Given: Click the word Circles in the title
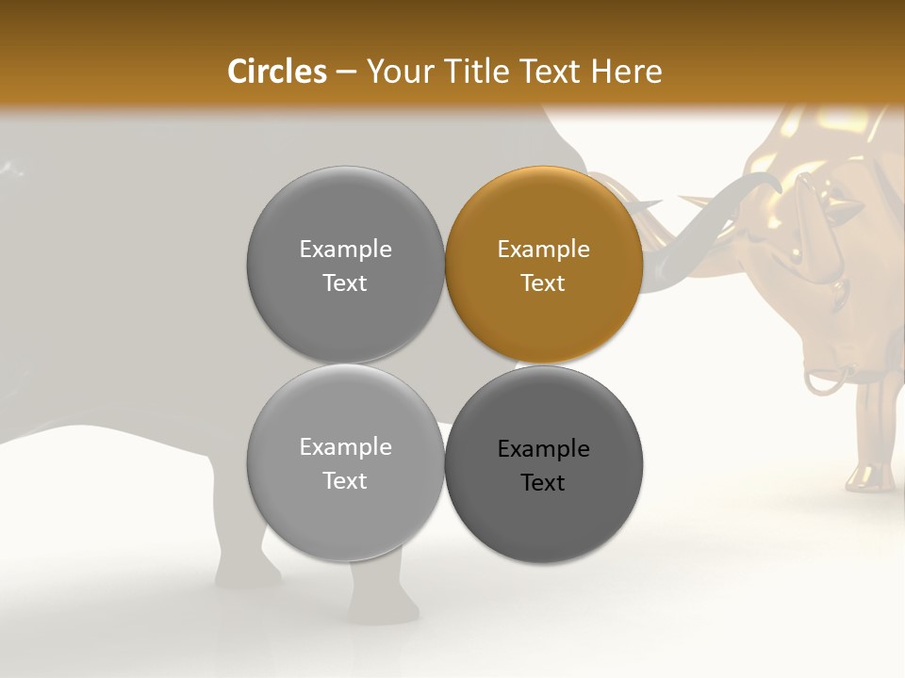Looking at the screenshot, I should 277,72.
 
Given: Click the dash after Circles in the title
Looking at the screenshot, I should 346,73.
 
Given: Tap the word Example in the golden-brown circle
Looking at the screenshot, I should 543,250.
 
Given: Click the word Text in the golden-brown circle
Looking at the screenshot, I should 543,283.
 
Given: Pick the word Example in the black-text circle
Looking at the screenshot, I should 543,449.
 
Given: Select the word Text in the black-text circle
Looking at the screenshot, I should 543,483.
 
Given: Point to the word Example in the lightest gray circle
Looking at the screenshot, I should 345,447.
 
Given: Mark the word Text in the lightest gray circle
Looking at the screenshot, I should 345,481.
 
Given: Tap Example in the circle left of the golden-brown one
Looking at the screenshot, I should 345,250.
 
